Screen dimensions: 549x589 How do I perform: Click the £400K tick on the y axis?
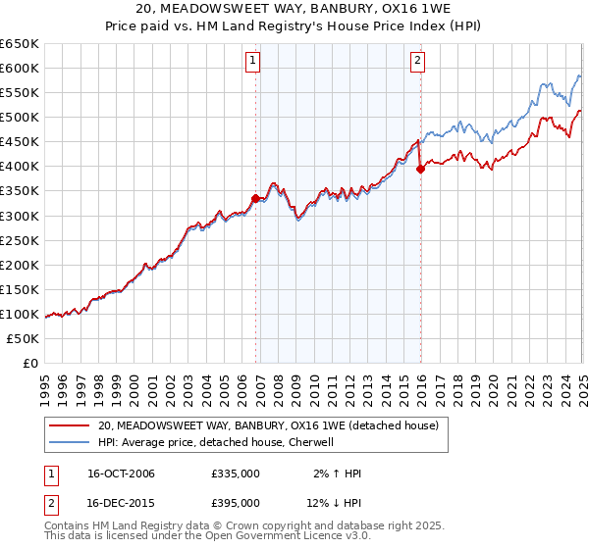point(20,166)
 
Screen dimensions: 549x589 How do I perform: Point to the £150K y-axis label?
point(20,289)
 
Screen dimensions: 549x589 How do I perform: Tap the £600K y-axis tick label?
point(20,68)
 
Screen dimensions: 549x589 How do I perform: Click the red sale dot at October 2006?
point(256,198)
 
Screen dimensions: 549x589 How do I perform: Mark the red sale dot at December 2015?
point(420,169)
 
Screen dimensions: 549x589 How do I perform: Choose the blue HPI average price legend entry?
point(216,442)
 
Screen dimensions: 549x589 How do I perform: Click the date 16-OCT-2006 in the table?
point(122,474)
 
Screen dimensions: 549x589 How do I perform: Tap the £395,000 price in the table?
point(236,503)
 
